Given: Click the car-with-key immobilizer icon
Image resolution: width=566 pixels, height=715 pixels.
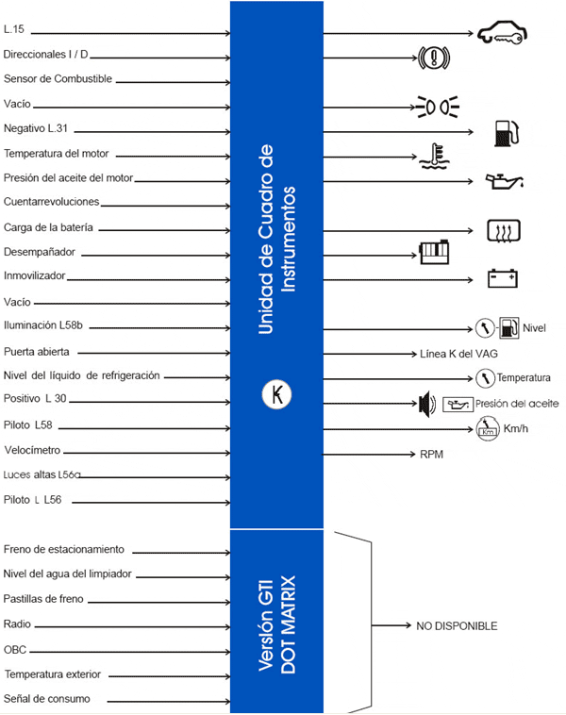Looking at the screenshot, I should point(502,33).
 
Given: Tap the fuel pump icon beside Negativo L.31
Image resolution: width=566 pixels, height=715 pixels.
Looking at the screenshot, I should point(506,132).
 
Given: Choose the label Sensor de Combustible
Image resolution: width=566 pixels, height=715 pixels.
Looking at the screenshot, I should point(58,79).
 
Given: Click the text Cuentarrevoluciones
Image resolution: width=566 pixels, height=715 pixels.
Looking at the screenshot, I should point(51,202).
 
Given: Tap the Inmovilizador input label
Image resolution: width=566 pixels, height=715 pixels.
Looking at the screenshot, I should point(34,276).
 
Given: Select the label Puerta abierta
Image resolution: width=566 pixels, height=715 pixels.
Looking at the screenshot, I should point(37,352).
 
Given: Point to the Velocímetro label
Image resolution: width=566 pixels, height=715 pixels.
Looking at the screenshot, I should point(32,450).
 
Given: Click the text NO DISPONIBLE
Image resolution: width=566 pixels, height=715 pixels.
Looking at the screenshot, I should point(457,625).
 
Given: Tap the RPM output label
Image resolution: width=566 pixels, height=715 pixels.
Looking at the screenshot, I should point(431,454).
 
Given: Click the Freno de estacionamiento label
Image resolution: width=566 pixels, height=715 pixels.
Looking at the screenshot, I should point(64,549).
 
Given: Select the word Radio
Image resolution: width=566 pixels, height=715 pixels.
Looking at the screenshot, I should point(17,624).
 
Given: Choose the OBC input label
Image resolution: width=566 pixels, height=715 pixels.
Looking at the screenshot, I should point(15,649).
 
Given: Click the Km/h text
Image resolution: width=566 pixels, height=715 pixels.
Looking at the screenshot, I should point(516,429).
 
